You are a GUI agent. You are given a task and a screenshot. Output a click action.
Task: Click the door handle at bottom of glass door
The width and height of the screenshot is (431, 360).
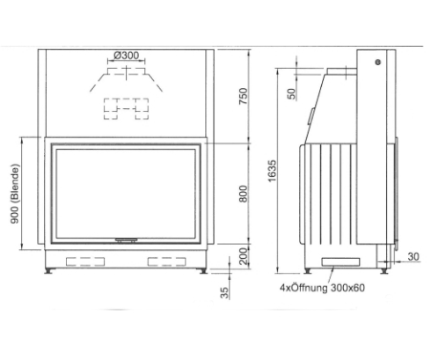pyautogui.click(x=128, y=239)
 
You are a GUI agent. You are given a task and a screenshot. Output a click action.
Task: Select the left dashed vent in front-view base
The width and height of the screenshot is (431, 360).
pyautogui.click(x=84, y=261)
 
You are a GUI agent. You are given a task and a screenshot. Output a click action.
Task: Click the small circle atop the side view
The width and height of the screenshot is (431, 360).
pyautogui.click(x=376, y=62)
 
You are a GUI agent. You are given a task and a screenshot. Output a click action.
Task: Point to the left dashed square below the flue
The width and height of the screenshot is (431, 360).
pyautogui.click(x=114, y=109)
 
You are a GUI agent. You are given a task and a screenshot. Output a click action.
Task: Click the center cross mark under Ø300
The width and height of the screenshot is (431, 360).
pyautogui.click(x=128, y=69)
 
